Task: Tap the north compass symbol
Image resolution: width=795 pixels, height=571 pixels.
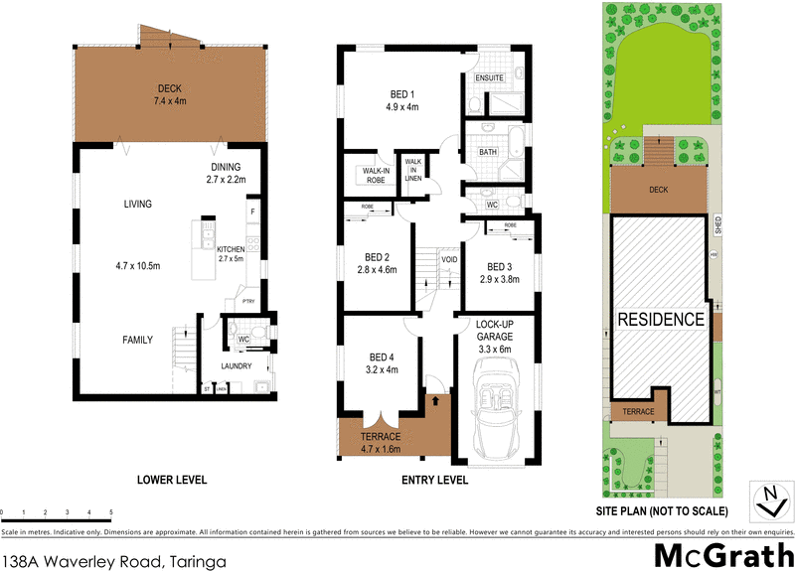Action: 767,500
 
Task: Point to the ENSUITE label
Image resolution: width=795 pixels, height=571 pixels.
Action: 490,77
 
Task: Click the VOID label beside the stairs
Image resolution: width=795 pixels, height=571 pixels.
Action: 449,261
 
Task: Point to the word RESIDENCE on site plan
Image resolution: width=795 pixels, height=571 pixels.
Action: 662,320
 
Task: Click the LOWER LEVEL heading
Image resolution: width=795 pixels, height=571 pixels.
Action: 172,481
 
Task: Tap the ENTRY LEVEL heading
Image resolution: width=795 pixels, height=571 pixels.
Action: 433,481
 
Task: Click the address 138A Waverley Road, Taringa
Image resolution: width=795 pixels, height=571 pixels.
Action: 114,558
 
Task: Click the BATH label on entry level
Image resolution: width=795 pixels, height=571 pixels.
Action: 488,152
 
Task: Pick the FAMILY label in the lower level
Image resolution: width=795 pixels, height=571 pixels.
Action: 137,340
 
